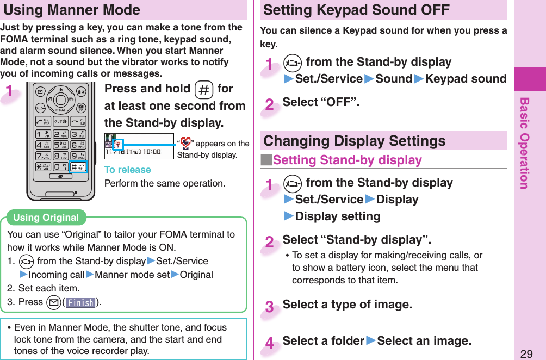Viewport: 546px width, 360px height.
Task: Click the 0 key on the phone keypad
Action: tap(61, 167)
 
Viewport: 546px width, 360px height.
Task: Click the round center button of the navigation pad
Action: tap(61, 100)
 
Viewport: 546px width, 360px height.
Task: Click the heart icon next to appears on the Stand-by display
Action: tap(185, 144)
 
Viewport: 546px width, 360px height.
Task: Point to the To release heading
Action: tap(127, 170)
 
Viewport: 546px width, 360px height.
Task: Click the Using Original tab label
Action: tap(46, 218)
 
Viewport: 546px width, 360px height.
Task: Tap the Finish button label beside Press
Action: tap(80, 302)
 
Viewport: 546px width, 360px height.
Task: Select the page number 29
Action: tap(526, 354)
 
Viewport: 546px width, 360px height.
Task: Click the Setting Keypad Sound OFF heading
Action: tap(356, 10)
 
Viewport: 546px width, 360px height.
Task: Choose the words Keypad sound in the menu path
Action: tap(466, 79)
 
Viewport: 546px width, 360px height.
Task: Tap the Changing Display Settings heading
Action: tap(355, 141)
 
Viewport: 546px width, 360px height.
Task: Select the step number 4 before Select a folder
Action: tap(270, 344)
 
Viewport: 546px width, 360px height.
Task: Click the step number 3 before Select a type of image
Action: tap(270, 307)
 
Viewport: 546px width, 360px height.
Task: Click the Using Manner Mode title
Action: tap(72, 10)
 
